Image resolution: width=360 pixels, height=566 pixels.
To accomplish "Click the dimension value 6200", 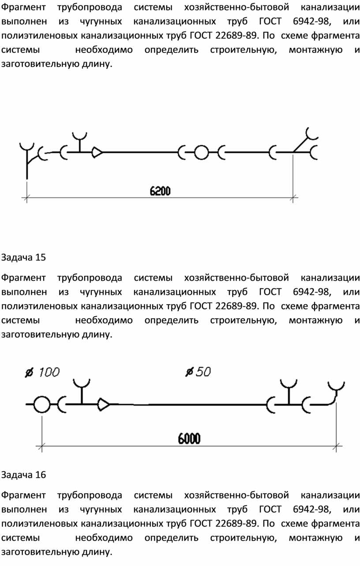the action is click(160, 191).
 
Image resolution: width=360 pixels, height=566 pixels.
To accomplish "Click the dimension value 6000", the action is click(189, 439).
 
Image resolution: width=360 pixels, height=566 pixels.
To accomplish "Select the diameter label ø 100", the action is click(42, 372).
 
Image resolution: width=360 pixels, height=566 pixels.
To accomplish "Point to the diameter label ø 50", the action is click(198, 372).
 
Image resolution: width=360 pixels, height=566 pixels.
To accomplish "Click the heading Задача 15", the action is click(23, 257).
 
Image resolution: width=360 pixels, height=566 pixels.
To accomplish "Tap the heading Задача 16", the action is click(23, 475).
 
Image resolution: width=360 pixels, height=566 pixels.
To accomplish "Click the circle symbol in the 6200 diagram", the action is click(202, 152).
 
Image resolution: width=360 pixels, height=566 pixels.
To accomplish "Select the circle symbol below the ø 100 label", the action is click(42, 404).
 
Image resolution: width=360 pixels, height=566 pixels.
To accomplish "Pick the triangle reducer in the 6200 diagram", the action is click(97, 152).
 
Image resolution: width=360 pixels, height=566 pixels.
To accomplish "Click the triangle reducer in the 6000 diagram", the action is click(104, 404).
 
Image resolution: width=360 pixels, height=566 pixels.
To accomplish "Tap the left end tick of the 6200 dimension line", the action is click(26, 198).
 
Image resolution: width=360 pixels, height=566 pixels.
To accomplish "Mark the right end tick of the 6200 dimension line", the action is click(293, 198).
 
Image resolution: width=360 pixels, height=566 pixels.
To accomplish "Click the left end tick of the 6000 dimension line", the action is click(42, 446).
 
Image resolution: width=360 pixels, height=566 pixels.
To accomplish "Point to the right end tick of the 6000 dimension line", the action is click(336, 446).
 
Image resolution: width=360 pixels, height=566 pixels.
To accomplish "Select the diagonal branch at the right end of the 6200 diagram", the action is click(300, 145).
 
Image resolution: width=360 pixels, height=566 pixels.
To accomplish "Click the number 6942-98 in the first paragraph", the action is click(311, 22).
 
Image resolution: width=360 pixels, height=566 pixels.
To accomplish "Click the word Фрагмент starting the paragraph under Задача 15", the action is click(23, 278).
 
